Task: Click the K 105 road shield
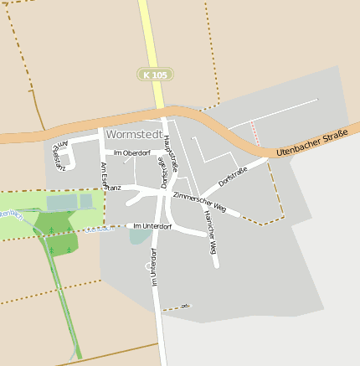coord(155,75)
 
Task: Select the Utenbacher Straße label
coord(311,144)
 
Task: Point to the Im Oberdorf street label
coord(131,153)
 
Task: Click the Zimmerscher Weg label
coord(198,200)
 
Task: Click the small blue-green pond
coord(140,237)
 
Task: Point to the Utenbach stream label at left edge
coord(8,214)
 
